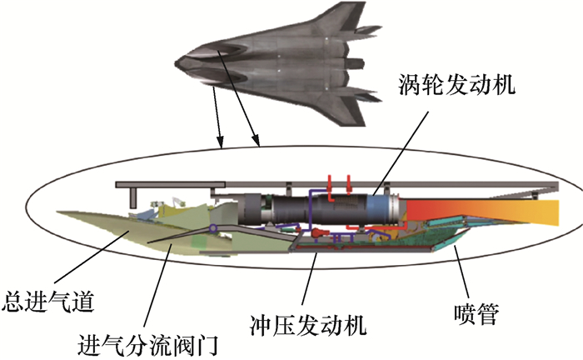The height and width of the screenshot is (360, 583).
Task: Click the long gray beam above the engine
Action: pos(333,182)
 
